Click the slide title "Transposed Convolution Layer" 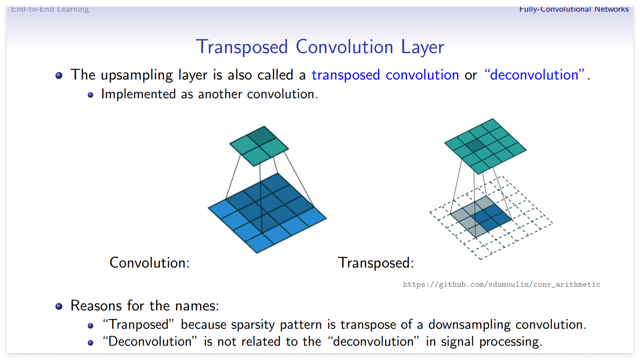pyautogui.click(x=320, y=47)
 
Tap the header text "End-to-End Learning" pyautogui.click(x=50, y=9)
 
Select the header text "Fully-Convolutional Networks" pyautogui.click(x=574, y=9)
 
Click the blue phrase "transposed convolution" pyautogui.click(x=385, y=75)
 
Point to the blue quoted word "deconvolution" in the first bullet pyautogui.click(x=534, y=75)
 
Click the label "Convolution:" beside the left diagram pyautogui.click(x=150, y=262)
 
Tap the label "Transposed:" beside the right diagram pyautogui.click(x=376, y=263)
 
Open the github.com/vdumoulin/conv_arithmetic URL pyautogui.click(x=502, y=284)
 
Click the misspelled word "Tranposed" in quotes pyautogui.click(x=139, y=324)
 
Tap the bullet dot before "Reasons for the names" pyautogui.click(x=59, y=306)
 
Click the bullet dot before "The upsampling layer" pyautogui.click(x=59, y=75)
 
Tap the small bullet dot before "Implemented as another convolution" pyautogui.click(x=91, y=95)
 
